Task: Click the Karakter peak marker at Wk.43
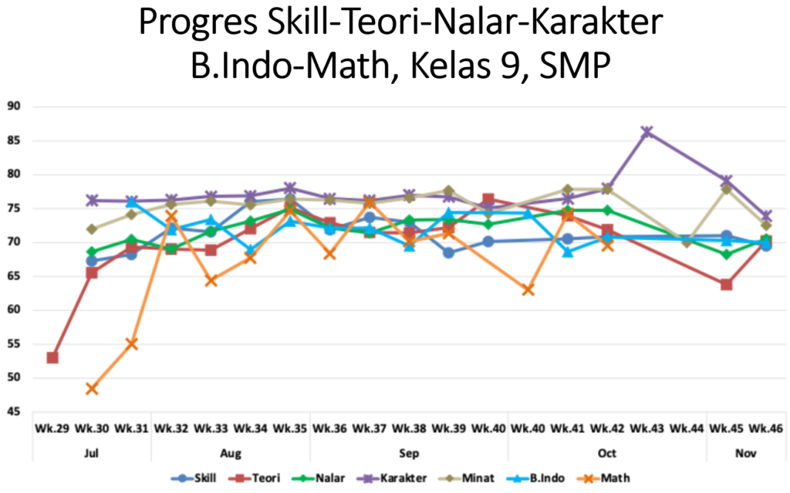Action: [x=647, y=132]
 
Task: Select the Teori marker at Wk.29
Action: [x=52, y=357]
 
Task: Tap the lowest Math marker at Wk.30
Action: [x=92, y=388]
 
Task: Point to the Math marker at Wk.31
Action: [x=132, y=343]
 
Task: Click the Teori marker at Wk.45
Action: [x=726, y=285]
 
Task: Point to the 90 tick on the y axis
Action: [x=15, y=106]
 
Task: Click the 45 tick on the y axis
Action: [x=15, y=412]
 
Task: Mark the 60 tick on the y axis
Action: [x=15, y=310]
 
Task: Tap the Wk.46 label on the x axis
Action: [x=765, y=427]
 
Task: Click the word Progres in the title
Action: [x=197, y=25]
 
